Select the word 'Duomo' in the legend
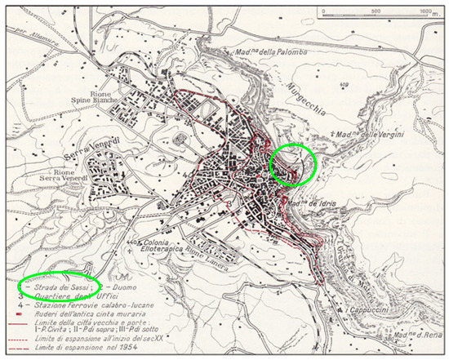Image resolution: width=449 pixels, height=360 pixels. (x=123, y=287)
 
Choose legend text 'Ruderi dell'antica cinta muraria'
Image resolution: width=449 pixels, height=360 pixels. (x=93, y=313)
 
